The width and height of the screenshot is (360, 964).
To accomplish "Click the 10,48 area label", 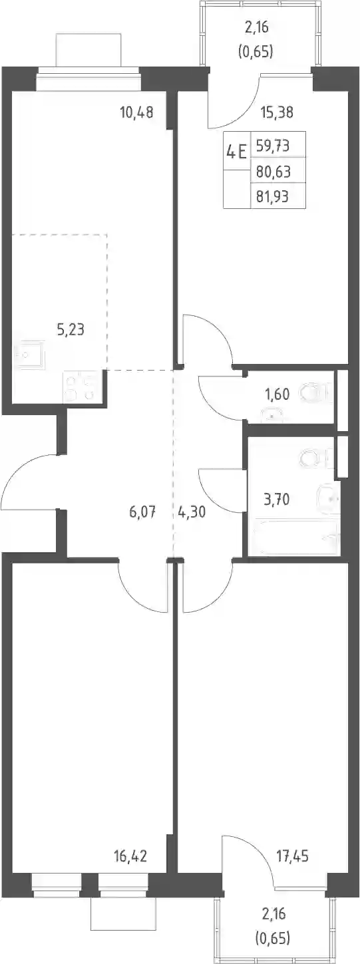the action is click(x=136, y=113).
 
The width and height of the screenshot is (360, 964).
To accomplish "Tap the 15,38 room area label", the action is click(x=277, y=112).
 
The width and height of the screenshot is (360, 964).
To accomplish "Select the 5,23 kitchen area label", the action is click(x=71, y=330).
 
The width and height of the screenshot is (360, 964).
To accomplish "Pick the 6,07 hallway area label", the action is click(x=142, y=512).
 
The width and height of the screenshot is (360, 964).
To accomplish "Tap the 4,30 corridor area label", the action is click(x=192, y=512).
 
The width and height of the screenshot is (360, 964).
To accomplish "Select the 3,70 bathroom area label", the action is click(x=277, y=500).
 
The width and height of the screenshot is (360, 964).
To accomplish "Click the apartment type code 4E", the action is click(x=236, y=152).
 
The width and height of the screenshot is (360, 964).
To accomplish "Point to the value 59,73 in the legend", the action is click(x=273, y=146).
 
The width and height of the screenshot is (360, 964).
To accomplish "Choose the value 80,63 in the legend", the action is click(x=273, y=172).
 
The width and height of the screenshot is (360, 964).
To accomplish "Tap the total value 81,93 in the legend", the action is click(x=273, y=197).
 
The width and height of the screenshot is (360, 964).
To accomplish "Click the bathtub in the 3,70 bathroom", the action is click(x=295, y=538).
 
